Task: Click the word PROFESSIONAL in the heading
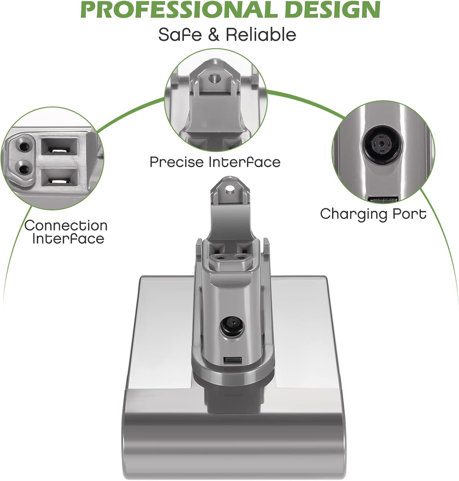[178, 10]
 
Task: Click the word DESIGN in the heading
[332, 10]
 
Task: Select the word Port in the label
[411, 214]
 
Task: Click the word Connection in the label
[66, 226]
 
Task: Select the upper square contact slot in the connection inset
[60, 149]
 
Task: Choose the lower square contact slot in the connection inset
[60, 181]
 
